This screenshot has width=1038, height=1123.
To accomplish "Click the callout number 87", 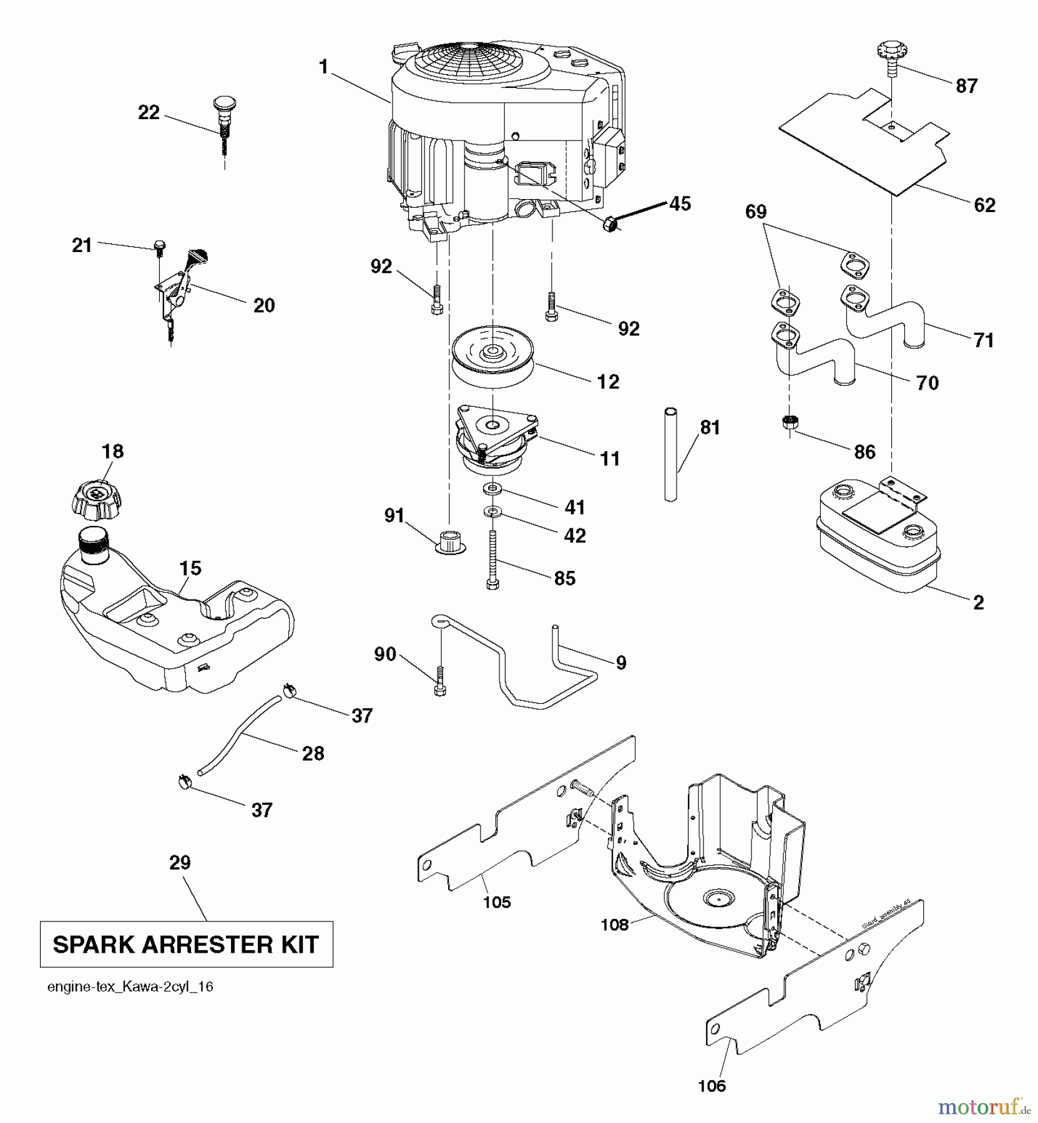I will point(966,86).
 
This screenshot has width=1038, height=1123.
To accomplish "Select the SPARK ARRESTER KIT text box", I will point(186,944).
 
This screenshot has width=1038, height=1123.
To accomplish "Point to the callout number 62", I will point(984,205).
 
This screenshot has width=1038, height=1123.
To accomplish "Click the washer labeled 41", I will point(493,487).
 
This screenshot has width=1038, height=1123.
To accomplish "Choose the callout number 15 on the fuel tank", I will point(190,568).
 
